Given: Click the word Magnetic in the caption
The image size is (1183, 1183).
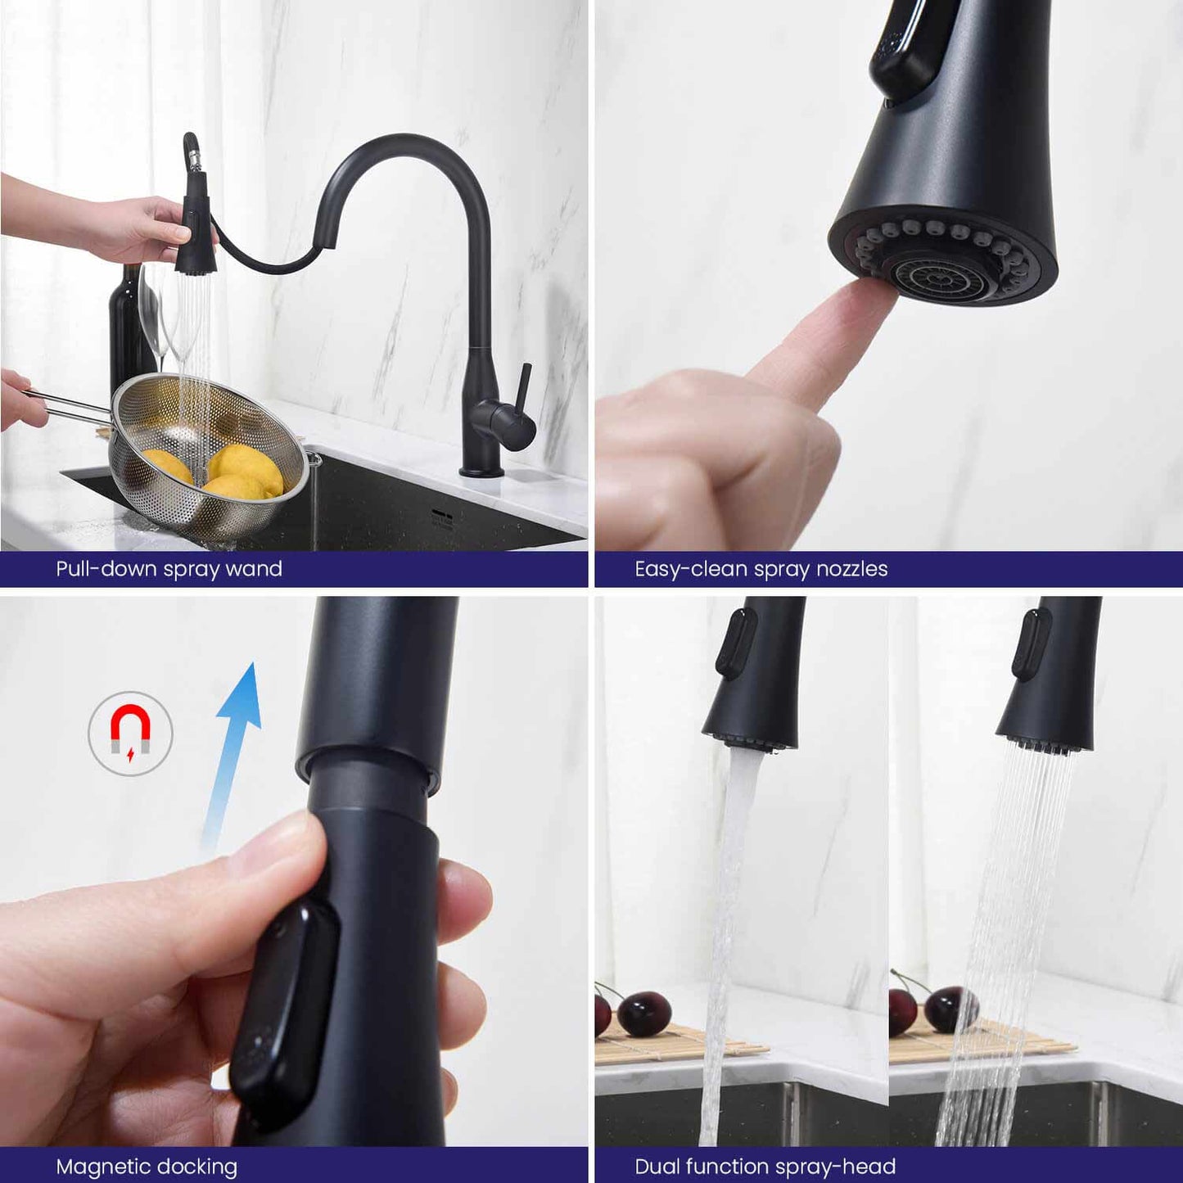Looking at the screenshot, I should (x=101, y=1166).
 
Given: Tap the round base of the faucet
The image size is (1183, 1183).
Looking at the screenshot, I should (x=481, y=471).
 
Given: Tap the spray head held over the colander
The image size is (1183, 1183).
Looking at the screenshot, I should (x=196, y=237).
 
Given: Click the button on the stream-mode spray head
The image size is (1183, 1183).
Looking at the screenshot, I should (x=735, y=643).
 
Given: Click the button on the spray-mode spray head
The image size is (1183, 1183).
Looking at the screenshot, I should (x=1029, y=643).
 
